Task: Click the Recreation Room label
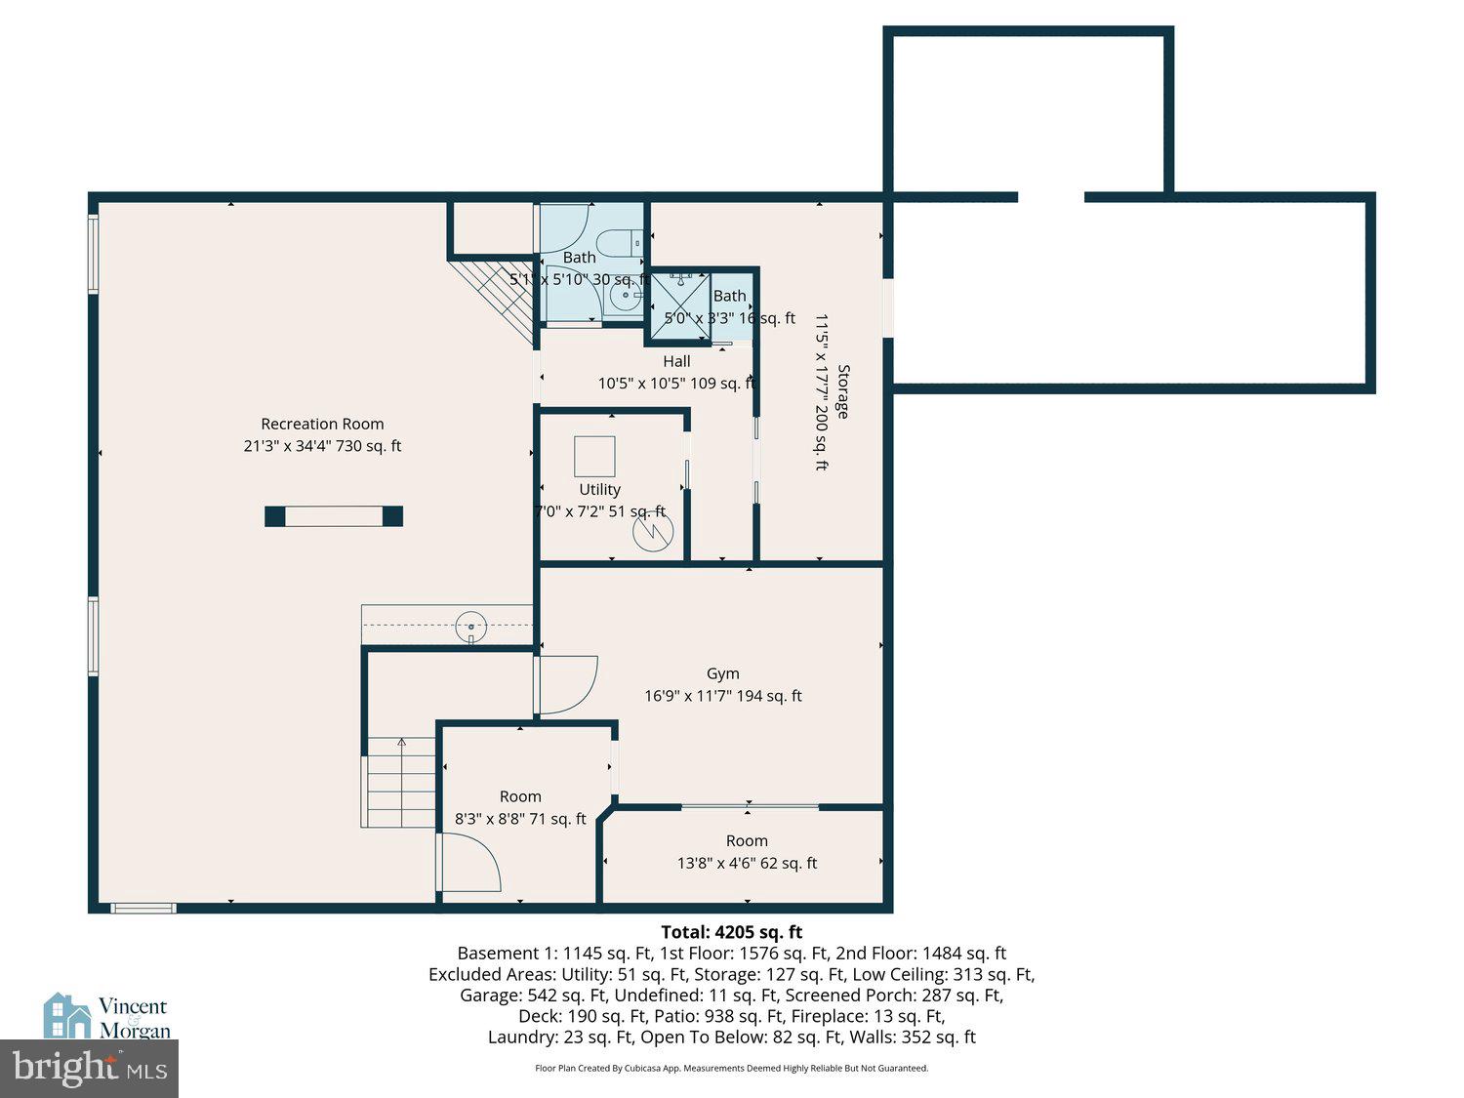[x=322, y=424]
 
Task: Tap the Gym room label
[x=722, y=673]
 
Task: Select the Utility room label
[x=599, y=489]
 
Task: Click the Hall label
[x=676, y=361]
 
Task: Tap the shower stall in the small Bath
[x=679, y=305]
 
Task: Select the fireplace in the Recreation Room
[x=334, y=516]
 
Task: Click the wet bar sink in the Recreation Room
[x=470, y=627]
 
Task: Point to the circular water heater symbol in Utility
[x=652, y=532]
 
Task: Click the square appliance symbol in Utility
[x=594, y=457]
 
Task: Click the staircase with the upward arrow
[x=400, y=781]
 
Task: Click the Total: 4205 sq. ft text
[x=731, y=932]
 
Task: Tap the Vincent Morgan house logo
[x=66, y=1017]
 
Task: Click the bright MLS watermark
[x=89, y=1069]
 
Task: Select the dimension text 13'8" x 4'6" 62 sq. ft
[x=747, y=863]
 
